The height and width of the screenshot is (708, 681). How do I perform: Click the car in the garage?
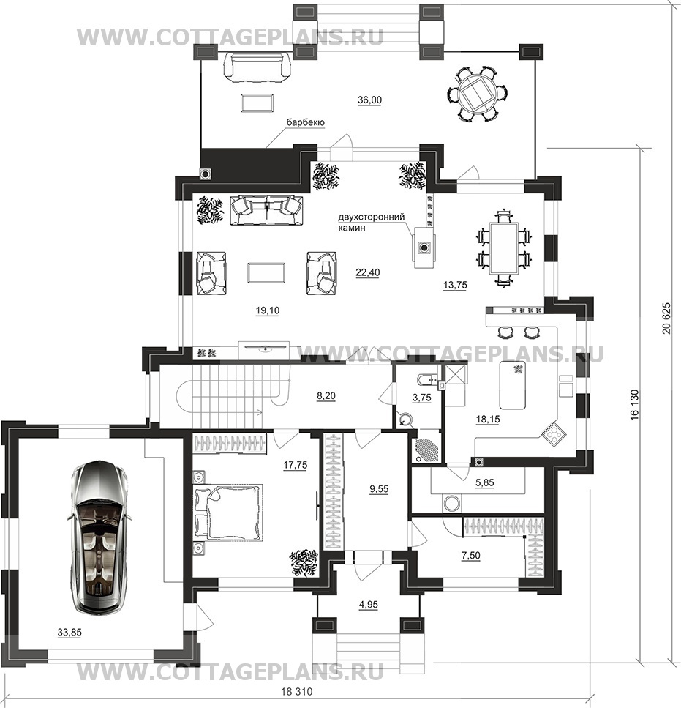(98, 537)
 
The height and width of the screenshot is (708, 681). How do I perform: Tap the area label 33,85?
(69, 633)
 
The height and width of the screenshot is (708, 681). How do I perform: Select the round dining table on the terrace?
(478, 94)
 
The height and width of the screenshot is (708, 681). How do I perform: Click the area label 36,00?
(370, 100)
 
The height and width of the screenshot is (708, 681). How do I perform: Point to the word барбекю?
(306, 122)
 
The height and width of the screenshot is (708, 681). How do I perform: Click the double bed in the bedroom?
(228, 512)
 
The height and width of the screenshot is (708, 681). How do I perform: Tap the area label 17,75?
(296, 465)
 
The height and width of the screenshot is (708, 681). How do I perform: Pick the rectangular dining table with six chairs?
(504, 248)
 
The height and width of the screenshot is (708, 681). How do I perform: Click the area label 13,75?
(455, 285)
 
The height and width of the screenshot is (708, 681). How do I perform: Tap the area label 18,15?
(487, 419)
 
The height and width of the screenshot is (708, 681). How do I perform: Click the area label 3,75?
(422, 398)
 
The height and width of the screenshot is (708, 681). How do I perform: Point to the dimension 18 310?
(297, 692)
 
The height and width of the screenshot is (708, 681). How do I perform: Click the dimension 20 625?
(666, 318)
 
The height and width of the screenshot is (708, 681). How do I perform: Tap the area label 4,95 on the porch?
(369, 605)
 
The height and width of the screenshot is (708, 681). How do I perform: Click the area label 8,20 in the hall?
(326, 396)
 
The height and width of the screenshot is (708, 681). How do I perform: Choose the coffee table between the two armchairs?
(266, 272)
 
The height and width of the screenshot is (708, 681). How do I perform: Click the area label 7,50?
(470, 556)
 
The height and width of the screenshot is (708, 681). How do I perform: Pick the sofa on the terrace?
(257, 67)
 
